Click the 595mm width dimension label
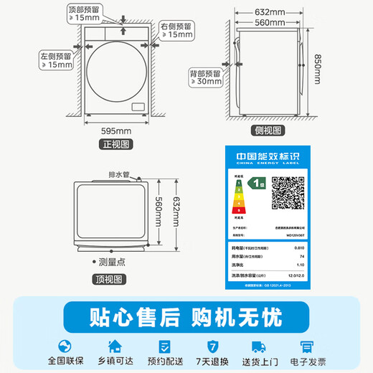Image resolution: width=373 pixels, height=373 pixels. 115,131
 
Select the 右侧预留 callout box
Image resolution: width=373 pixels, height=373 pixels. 176,29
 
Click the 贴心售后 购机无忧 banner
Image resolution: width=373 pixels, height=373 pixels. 186,316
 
